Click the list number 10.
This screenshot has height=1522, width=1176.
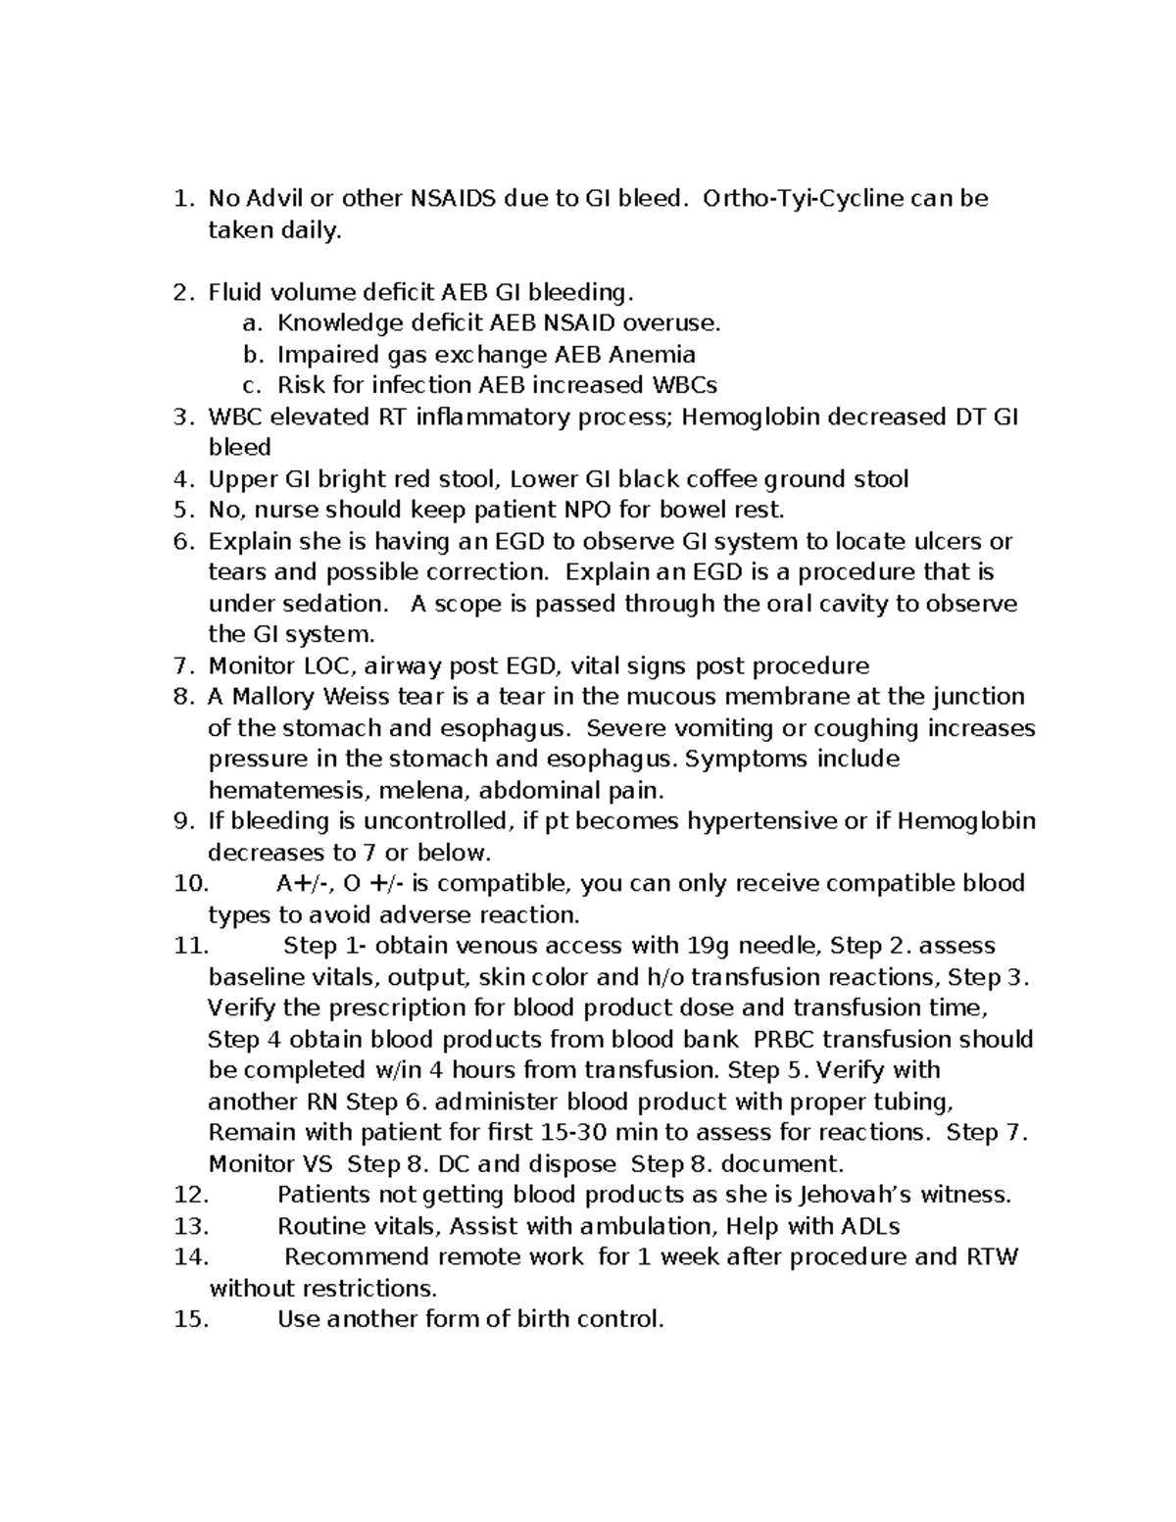191,884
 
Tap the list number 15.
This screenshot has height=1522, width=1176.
191,1319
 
